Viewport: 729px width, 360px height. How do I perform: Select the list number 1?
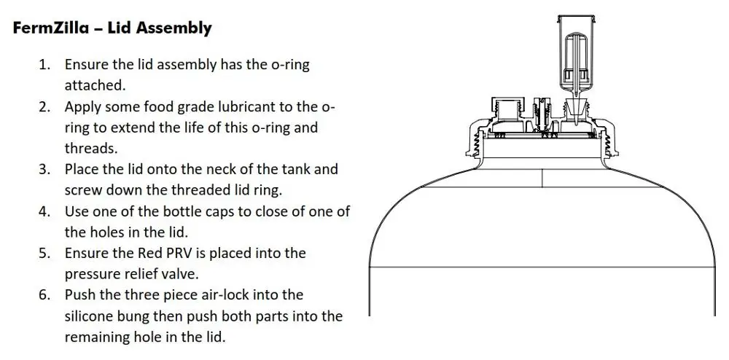[44, 65]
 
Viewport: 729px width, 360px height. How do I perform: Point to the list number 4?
[44, 211]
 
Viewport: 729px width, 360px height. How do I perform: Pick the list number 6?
[44, 295]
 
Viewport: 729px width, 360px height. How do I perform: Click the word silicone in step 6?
[88, 316]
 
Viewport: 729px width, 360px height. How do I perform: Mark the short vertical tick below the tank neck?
[542, 178]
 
